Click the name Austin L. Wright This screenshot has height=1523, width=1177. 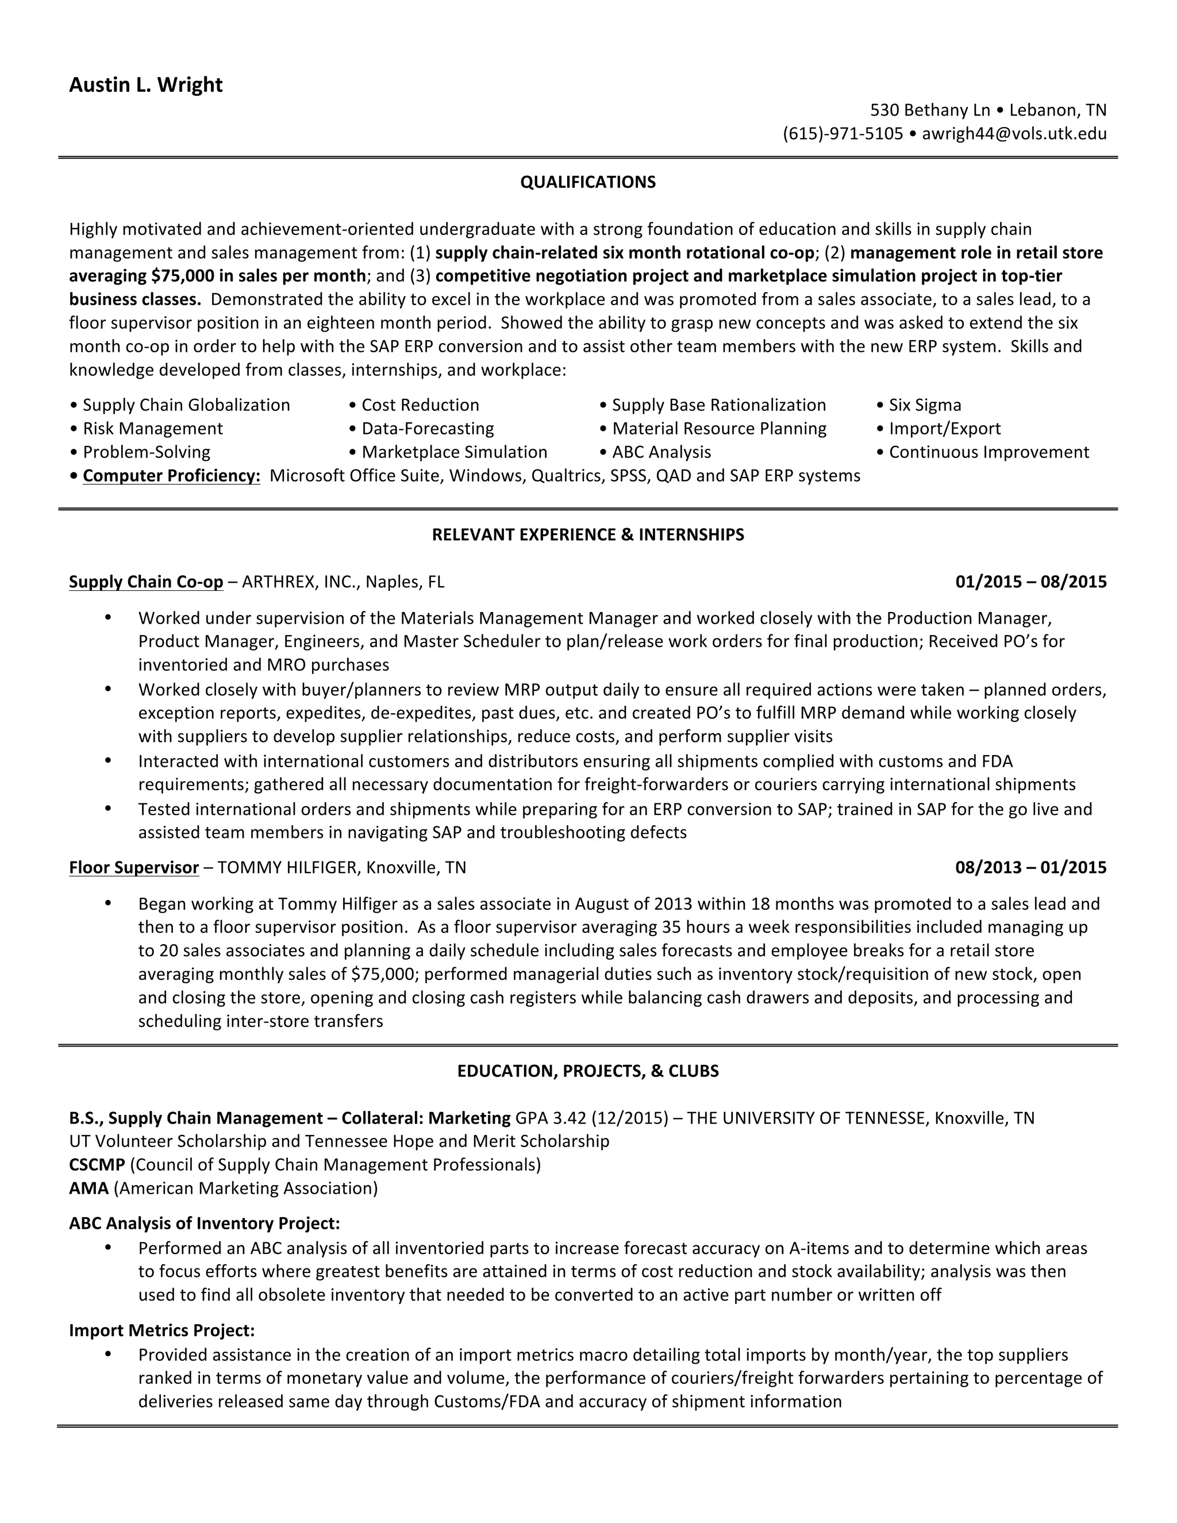pyautogui.click(x=146, y=85)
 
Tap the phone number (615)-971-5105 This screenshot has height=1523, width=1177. pyautogui.click(x=843, y=134)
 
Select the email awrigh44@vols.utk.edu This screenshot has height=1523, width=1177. pyautogui.click(x=1014, y=134)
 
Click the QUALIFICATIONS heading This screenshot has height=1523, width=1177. pyautogui.click(x=588, y=183)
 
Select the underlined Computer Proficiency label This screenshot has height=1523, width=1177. pyautogui.click(x=171, y=476)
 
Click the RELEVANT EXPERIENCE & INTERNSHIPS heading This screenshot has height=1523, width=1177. pyautogui.click(x=588, y=535)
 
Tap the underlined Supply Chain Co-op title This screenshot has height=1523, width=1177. pyautogui.click(x=146, y=582)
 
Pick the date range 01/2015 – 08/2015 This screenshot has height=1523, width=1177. pyautogui.click(x=1030, y=582)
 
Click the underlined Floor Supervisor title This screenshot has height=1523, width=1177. pyautogui.click(x=134, y=867)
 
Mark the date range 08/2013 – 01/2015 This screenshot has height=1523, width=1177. pyautogui.click(x=1030, y=867)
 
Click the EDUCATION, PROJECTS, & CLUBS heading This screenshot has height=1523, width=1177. pyautogui.click(x=588, y=1071)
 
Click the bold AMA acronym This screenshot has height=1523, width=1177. pyautogui.click(x=89, y=1189)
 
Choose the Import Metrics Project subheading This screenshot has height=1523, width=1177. pyautogui.click(x=161, y=1330)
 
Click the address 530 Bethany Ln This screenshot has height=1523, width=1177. pyautogui.click(x=929, y=110)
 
